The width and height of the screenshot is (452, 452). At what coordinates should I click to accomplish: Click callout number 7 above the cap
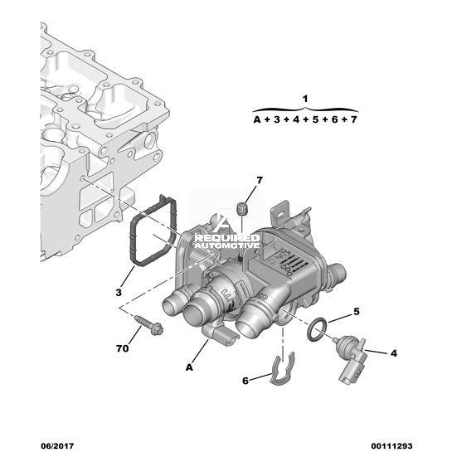[260, 181]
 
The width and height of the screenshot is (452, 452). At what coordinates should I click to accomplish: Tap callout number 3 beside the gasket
[119, 293]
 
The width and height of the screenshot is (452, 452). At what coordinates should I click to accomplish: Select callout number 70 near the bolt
[122, 348]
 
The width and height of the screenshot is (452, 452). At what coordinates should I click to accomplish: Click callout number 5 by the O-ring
[357, 312]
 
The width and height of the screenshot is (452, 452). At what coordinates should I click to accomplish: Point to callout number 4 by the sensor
[394, 353]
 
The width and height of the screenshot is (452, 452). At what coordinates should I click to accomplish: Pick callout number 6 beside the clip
[245, 381]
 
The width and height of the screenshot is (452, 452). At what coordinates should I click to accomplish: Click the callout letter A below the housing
[189, 367]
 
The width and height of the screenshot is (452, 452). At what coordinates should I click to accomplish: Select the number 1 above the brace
[305, 99]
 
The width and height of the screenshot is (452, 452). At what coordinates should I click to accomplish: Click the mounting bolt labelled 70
[148, 325]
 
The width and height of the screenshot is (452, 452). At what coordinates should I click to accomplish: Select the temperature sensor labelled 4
[350, 360]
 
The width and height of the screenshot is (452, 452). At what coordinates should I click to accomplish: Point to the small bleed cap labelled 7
[241, 209]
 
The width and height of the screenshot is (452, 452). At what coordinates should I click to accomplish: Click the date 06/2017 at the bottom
[57, 446]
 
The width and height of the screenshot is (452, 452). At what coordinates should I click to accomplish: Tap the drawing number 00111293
[391, 446]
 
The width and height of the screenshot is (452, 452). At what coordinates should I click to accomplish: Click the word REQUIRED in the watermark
[227, 238]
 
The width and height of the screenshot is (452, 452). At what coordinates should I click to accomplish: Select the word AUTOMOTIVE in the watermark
[227, 245]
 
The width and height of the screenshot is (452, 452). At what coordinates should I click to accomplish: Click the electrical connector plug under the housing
[221, 334]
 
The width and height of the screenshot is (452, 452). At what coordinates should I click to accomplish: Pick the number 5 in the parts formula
[315, 119]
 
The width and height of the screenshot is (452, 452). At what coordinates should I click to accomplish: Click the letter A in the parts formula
[257, 119]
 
